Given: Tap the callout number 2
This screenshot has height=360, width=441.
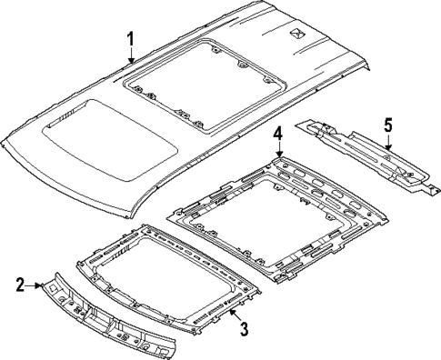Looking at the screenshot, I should click(x=20, y=285).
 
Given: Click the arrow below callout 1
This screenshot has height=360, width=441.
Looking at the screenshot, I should click(x=132, y=56).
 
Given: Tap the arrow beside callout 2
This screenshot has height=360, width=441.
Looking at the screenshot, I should click(x=36, y=285).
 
